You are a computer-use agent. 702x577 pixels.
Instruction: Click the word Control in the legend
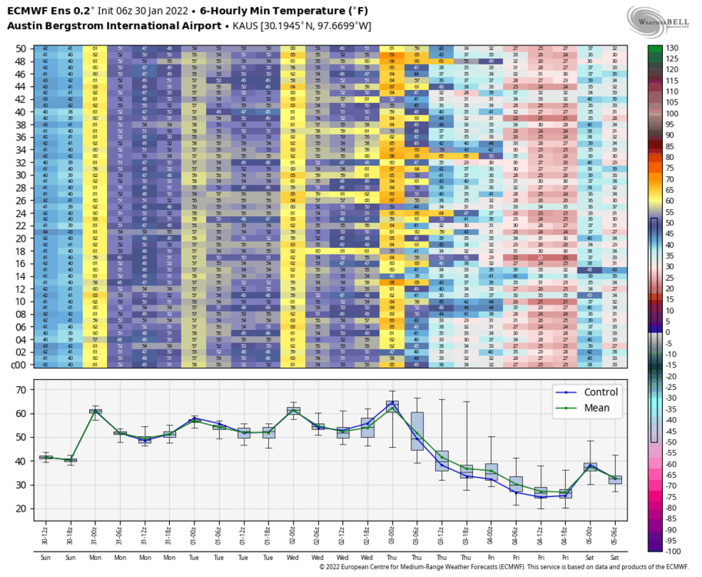click(x=601, y=392)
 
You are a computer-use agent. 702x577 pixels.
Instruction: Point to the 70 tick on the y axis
click(x=22, y=389)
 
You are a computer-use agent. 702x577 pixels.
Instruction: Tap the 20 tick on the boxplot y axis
click(x=22, y=509)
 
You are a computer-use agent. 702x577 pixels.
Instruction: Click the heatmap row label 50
click(x=22, y=48)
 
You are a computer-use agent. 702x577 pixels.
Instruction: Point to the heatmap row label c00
click(x=20, y=365)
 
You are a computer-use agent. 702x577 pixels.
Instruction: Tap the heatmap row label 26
click(x=22, y=201)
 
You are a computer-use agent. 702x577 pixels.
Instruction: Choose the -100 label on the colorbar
click(x=674, y=552)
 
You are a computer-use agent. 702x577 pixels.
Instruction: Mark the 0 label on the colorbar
click(x=668, y=332)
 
